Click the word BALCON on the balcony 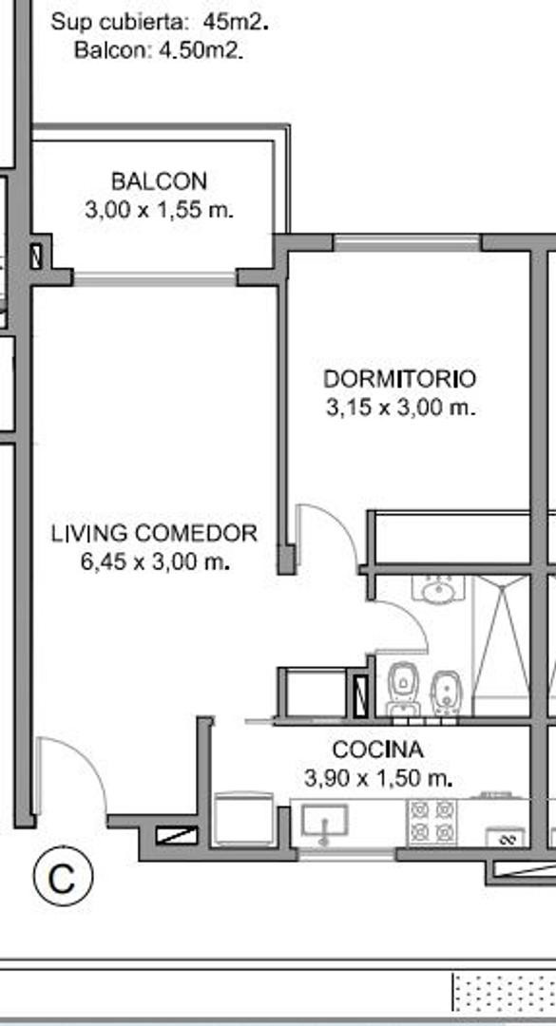point(159,180)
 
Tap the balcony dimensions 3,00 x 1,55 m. point(159,211)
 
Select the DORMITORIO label point(400,379)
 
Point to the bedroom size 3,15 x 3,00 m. point(400,408)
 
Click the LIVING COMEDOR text point(155,533)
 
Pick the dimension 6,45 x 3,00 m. point(155,562)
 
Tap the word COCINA point(378,750)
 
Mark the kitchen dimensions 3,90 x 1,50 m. point(378,779)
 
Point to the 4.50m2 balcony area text point(201,50)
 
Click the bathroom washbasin point(438,590)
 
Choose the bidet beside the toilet point(446,693)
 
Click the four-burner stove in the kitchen point(432,822)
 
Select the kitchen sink point(324,820)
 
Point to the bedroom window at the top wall point(408,242)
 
